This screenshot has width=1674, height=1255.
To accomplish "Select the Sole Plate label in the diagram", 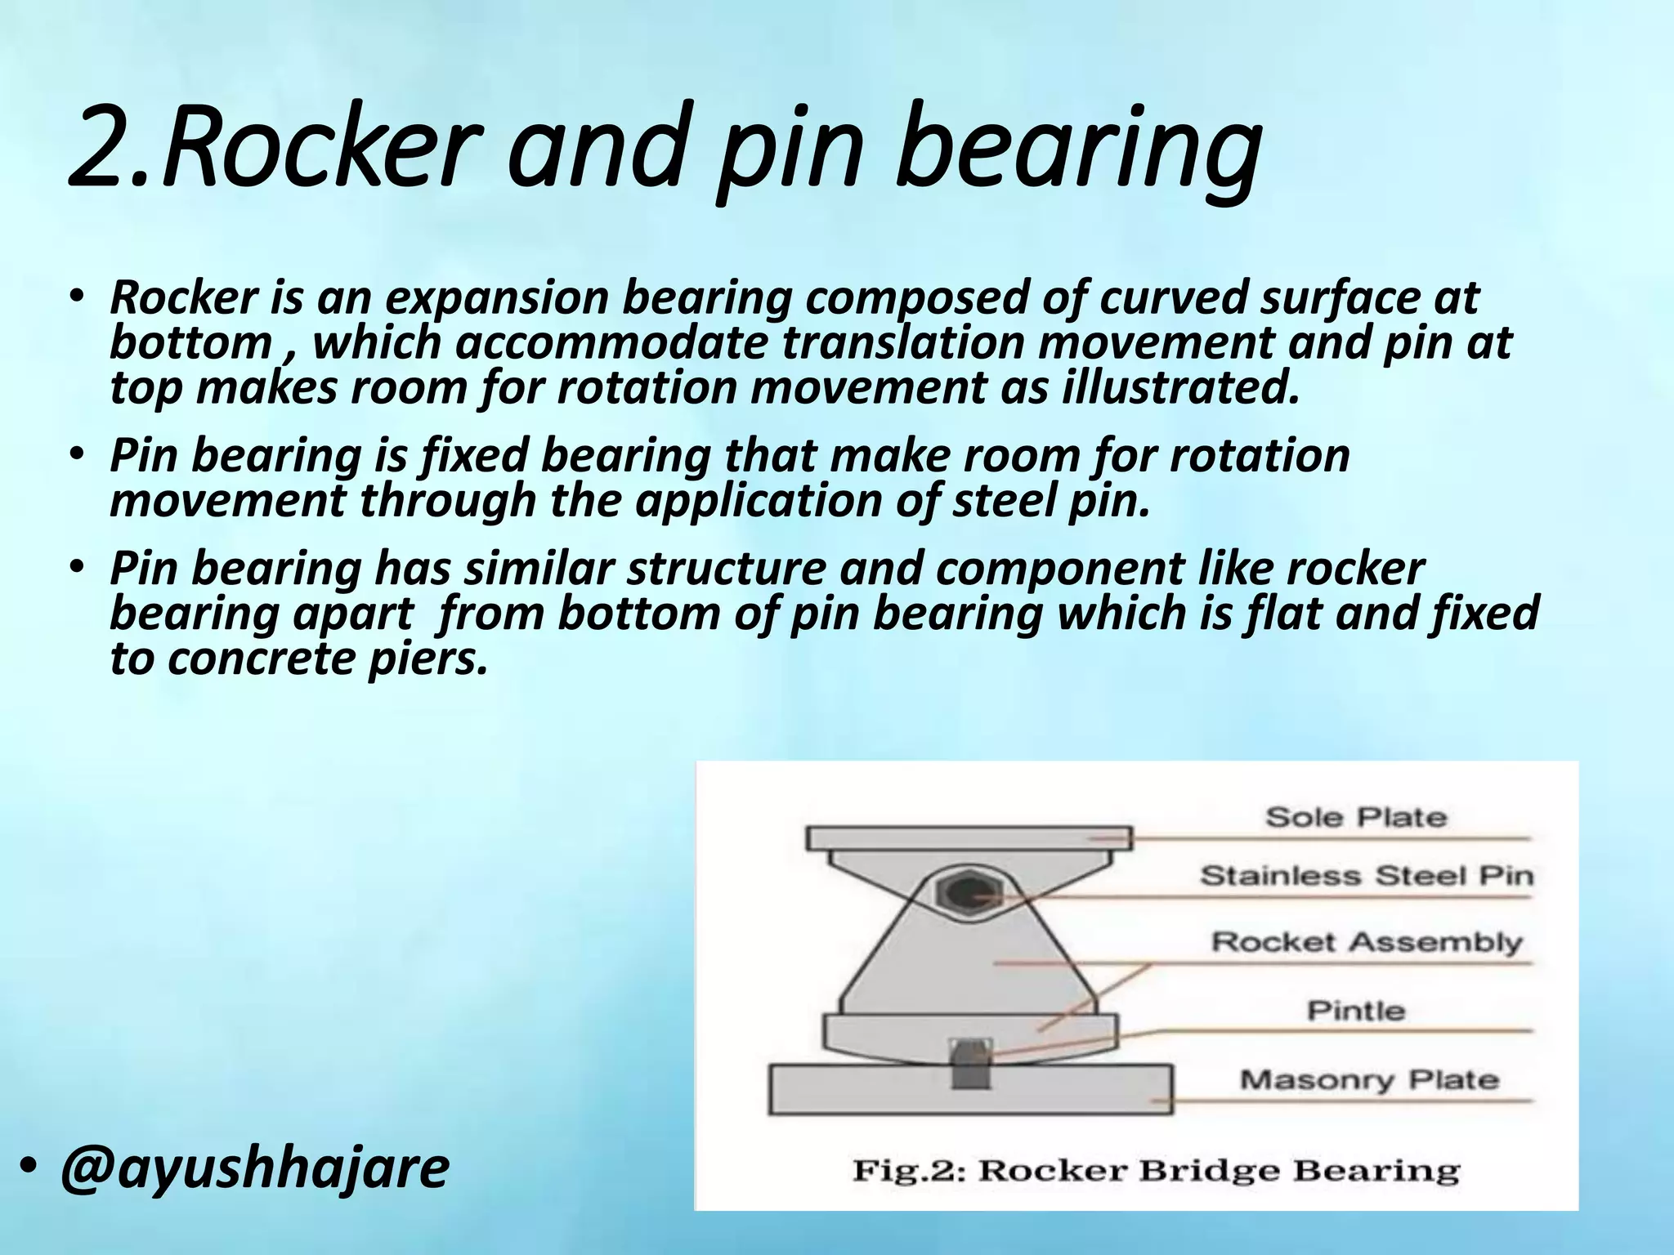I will [x=1356, y=817].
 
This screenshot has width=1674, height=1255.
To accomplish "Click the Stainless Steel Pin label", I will [x=1366, y=876].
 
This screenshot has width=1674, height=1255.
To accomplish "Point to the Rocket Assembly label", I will [x=1366, y=942].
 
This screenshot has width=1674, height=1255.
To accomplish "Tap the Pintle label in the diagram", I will [x=1356, y=1011].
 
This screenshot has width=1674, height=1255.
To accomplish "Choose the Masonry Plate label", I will [x=1369, y=1080].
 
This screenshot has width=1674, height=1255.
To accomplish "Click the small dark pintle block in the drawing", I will [x=972, y=1065].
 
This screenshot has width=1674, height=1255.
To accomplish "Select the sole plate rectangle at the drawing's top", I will [x=969, y=838].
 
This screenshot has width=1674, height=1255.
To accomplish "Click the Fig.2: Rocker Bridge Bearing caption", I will [x=1156, y=1171].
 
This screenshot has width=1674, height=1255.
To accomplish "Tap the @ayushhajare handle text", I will [x=254, y=1168].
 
